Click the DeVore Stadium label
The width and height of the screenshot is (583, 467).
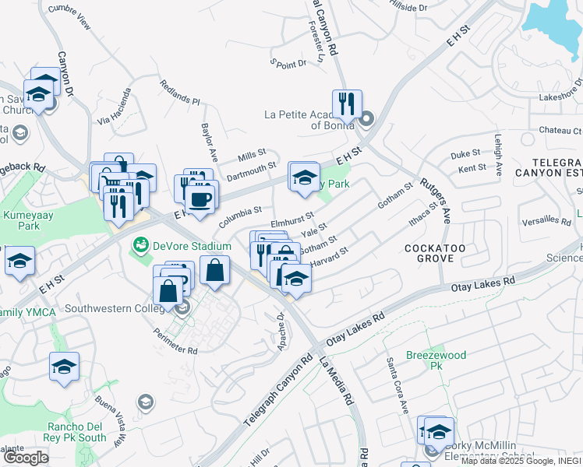[192, 246]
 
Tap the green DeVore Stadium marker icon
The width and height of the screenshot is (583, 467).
[141, 246]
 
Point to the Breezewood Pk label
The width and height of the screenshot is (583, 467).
[436, 360]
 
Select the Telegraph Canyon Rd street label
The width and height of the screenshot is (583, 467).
[277, 392]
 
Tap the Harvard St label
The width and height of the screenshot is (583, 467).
[328, 258]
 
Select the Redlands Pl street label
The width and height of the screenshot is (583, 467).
[180, 92]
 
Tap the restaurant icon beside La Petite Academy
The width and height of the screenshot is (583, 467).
[346, 104]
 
